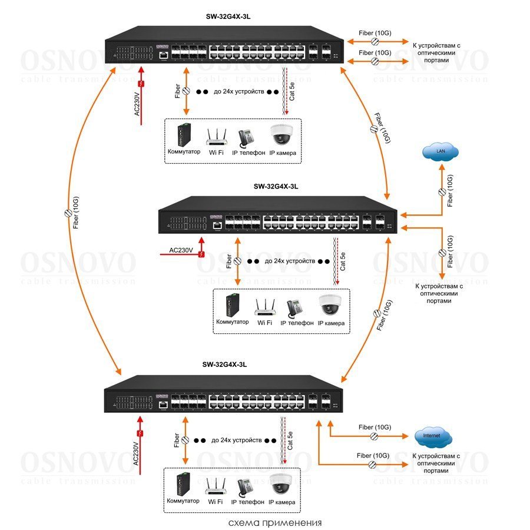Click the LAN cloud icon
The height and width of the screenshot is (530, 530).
tap(440, 153)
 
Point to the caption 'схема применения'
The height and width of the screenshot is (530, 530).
tap(275, 522)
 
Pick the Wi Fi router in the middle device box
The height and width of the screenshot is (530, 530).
tap(266, 307)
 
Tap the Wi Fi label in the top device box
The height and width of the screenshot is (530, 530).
tap(217, 153)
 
